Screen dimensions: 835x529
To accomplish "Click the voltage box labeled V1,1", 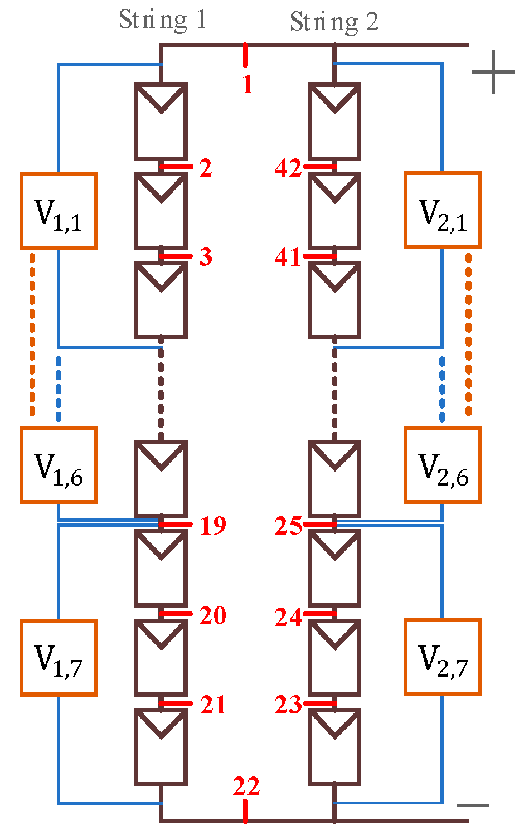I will [59, 211].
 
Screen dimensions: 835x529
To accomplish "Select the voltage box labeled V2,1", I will [442, 210].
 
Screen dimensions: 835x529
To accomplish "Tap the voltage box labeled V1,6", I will [59, 465].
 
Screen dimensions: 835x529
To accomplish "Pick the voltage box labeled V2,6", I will [442, 465].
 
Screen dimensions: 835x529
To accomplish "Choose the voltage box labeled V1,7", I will [59, 658].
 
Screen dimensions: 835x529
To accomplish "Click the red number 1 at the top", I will [247, 84].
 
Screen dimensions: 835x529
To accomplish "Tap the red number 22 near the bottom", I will [246, 786].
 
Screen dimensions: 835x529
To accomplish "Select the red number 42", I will [288, 168].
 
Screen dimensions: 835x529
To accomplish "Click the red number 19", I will [213, 526].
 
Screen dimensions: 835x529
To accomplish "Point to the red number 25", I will [288, 526].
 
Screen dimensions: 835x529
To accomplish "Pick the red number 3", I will [206, 257].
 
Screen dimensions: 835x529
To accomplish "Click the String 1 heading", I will [162, 21].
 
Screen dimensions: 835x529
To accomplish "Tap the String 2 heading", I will [334, 22].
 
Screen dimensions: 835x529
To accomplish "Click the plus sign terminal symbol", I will [493, 72].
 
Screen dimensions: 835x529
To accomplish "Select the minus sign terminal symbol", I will [473, 805].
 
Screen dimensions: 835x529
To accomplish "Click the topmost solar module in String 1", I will [161, 122].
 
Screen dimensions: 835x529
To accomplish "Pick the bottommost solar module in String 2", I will [334, 747].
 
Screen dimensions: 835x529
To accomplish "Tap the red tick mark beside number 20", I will [176, 614].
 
